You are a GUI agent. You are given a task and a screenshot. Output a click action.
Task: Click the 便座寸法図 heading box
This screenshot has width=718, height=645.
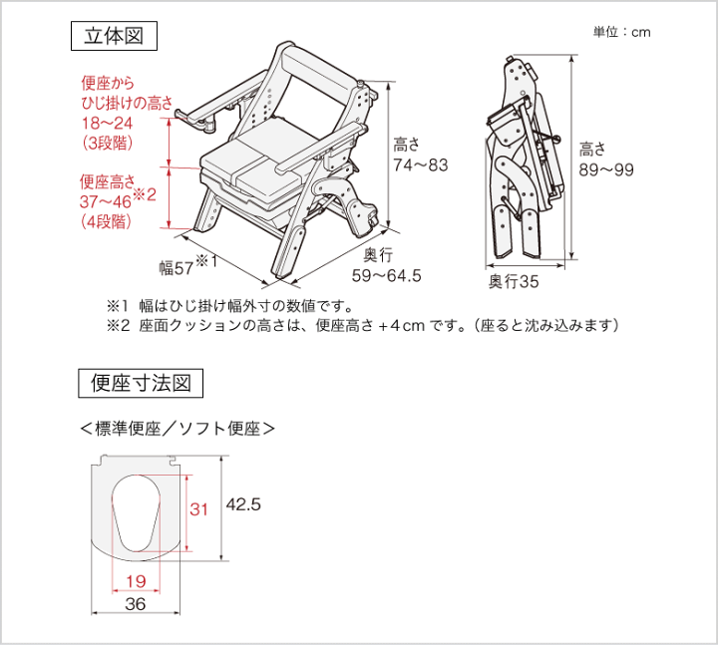click(141, 383)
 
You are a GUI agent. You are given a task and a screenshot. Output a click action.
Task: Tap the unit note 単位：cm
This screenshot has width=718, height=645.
click(621, 32)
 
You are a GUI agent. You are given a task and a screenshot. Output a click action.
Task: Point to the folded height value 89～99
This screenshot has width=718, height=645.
click(605, 169)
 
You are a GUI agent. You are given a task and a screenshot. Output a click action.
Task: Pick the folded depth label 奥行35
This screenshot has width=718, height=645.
click(514, 282)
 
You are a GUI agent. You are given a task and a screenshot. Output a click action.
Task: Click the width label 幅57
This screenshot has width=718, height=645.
click(177, 267)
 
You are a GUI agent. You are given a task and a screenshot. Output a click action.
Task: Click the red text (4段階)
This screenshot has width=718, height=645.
click(107, 221)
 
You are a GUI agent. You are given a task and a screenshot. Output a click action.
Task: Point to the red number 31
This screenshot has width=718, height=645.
click(199, 509)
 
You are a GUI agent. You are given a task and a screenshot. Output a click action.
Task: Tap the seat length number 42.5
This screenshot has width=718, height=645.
click(243, 505)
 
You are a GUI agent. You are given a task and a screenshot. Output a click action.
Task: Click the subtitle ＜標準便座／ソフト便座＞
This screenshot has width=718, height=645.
click(177, 429)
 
